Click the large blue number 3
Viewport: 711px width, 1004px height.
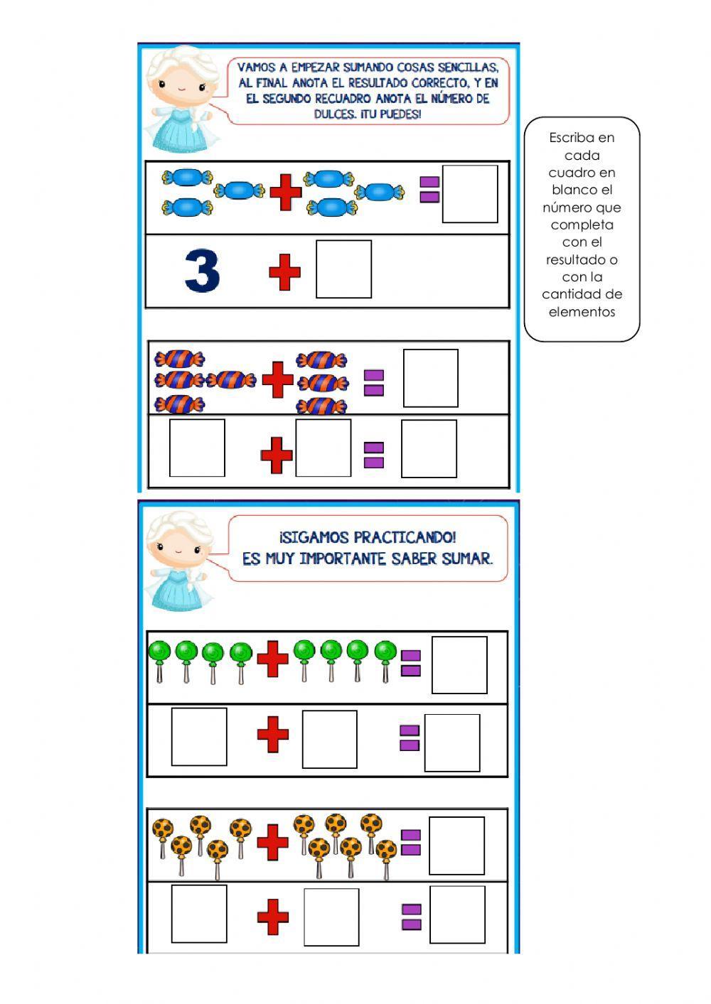click(202, 271)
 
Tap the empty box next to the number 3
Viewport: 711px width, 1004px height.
click(343, 269)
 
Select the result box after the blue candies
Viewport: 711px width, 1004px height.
click(470, 194)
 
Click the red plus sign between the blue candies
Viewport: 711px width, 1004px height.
click(285, 193)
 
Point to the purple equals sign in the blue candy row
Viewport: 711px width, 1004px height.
click(429, 189)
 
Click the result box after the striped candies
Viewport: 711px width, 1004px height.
click(430, 378)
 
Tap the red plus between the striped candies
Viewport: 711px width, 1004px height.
click(277, 379)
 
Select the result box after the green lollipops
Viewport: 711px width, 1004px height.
click(459, 665)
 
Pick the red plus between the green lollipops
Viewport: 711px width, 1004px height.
click(272, 659)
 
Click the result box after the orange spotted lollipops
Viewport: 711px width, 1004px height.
click(456, 846)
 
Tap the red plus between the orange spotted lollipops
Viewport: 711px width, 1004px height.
click(272, 842)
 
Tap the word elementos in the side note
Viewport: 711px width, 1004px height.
click(582, 312)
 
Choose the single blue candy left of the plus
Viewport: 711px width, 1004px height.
click(239, 190)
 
